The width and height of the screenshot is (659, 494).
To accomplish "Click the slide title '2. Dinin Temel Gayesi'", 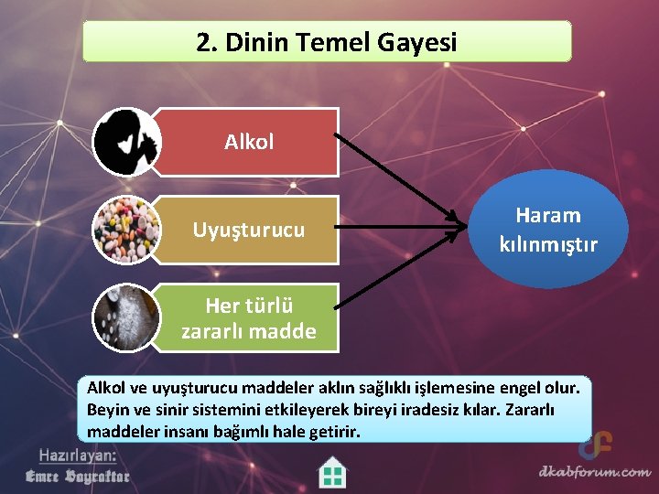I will click(x=327, y=42).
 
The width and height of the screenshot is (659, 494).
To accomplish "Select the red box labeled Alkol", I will click(x=248, y=142).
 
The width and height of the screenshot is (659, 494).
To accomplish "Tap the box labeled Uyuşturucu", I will click(x=248, y=230).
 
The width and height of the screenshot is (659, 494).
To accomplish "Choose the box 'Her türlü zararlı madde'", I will click(x=248, y=317).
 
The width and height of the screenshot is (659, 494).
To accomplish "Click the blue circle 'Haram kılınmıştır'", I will click(x=548, y=230).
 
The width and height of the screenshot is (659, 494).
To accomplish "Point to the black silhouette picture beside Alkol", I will click(x=126, y=142).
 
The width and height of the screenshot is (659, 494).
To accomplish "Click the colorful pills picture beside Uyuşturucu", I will click(x=126, y=231).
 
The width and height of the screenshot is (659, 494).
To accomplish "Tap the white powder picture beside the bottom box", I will click(x=126, y=318).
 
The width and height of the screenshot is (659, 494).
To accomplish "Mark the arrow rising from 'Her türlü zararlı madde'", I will click(x=394, y=270).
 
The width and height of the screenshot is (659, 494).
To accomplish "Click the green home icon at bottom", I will click(x=332, y=473).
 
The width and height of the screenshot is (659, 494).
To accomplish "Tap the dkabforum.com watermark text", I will click(x=594, y=472).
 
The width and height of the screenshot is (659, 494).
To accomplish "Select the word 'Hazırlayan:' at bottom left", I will click(x=78, y=455).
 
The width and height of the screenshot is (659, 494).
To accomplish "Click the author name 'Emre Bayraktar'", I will click(x=78, y=476).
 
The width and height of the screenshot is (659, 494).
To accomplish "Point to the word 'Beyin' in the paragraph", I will click(x=108, y=409).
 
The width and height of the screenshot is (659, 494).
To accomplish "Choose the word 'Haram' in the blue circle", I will click(x=548, y=216).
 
